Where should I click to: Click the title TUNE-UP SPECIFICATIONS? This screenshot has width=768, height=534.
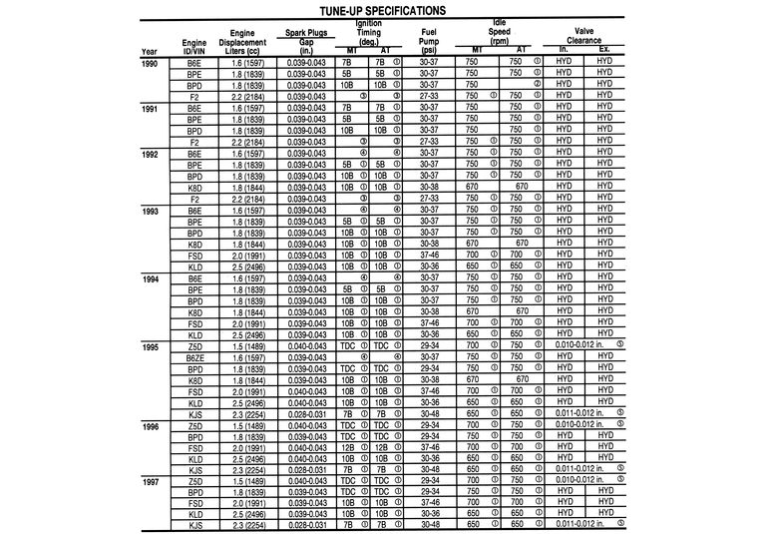[383, 10]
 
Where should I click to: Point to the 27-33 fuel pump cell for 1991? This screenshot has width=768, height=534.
[430, 142]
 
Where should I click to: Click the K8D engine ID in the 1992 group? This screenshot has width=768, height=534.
[194, 187]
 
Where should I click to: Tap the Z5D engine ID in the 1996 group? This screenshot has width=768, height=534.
[194, 425]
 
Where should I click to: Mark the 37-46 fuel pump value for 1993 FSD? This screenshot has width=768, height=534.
[430, 255]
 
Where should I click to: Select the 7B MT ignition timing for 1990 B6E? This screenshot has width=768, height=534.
[346, 62]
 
